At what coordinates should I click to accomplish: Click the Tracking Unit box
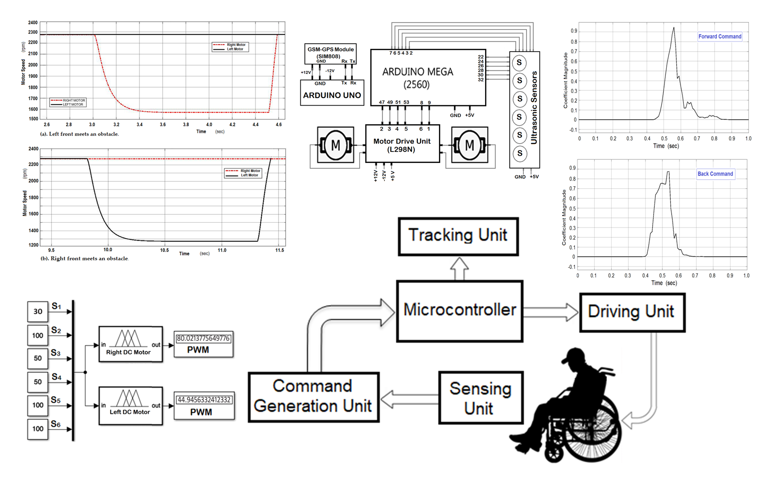point(458,236)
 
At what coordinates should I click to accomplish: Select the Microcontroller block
point(460,311)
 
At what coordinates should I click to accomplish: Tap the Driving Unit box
point(632,312)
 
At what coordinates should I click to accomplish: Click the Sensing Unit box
point(480,398)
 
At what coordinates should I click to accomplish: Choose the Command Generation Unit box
point(313,397)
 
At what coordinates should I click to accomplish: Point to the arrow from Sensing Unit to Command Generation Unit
point(409,399)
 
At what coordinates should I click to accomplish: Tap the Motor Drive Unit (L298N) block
point(402,144)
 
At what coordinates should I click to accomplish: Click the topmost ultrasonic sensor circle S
point(519,63)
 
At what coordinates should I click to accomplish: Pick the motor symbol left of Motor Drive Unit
point(336,145)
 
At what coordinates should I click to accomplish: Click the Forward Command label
point(720,37)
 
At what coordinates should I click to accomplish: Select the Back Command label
point(715,174)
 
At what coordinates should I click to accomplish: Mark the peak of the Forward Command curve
point(673,28)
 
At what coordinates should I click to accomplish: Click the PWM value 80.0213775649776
point(203,339)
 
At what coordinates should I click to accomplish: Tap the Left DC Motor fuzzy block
point(131,405)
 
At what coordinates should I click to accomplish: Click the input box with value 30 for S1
point(38,312)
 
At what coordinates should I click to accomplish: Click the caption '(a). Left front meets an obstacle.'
point(80,134)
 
